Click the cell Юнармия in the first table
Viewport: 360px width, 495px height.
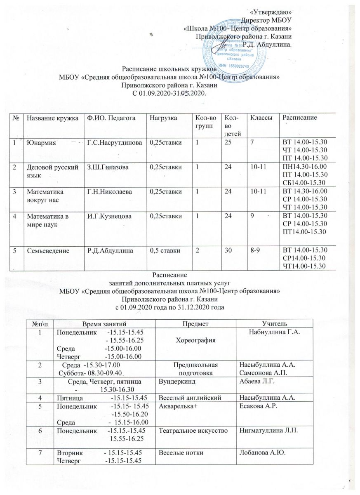click(x=40, y=143)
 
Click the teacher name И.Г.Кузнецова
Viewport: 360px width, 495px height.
click(x=108, y=216)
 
